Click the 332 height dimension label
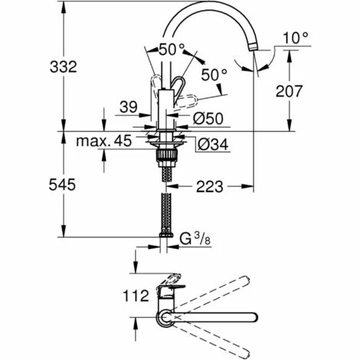[64, 67]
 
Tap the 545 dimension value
[62, 185]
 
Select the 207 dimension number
[289, 91]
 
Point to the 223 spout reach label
[209, 187]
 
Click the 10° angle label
[295, 38]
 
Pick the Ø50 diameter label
[208, 119]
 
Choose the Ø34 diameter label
[213, 145]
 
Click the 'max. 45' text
[104, 140]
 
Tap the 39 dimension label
[129, 107]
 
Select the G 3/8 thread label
[195, 240]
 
